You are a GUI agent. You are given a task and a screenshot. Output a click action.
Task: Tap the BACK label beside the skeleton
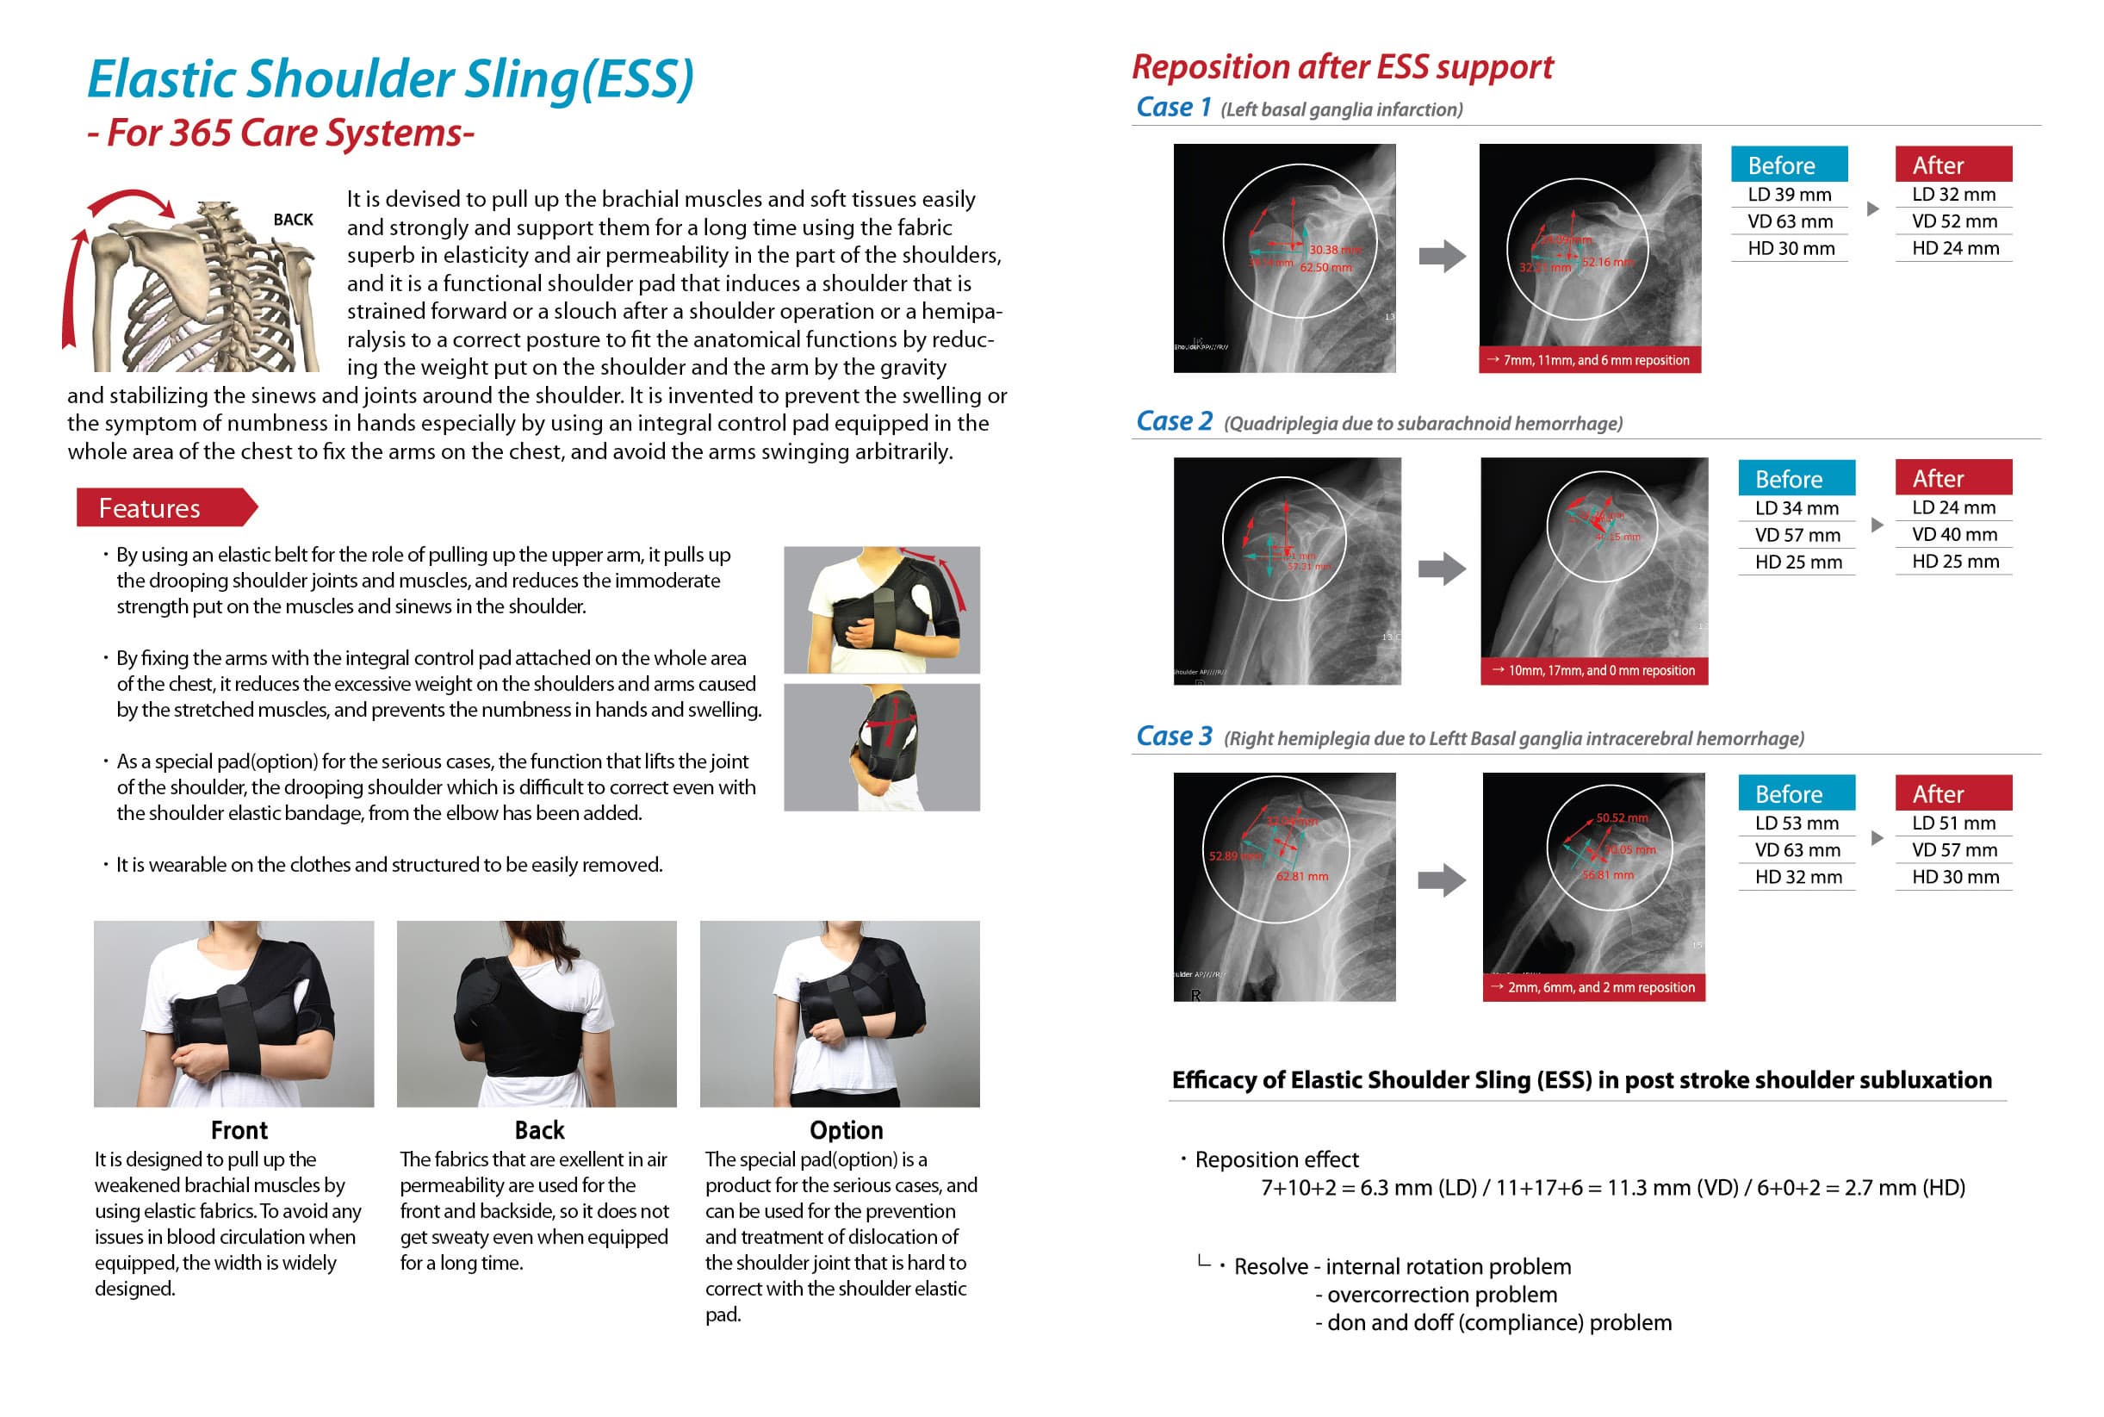pos(293,220)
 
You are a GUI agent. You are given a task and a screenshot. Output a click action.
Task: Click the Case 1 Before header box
pos(1788,165)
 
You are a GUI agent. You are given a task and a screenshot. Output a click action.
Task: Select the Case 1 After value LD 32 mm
pos(1952,195)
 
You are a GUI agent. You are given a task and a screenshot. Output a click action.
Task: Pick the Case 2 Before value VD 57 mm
pos(1797,535)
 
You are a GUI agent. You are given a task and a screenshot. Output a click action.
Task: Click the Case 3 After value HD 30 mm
pos(1955,877)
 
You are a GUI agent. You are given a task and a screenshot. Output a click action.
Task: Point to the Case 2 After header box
pos(1952,478)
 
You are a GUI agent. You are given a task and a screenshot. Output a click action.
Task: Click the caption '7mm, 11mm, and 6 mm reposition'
pos(1589,360)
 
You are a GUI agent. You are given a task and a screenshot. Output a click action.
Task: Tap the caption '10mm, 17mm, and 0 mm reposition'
pos(1593,670)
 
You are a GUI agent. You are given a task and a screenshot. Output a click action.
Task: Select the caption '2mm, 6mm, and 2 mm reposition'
pos(1593,987)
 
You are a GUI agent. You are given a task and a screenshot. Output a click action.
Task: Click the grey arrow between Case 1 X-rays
pos(1442,256)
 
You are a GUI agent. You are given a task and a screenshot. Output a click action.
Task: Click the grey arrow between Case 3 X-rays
pos(1442,879)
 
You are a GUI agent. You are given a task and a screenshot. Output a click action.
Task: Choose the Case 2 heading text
pos(1174,421)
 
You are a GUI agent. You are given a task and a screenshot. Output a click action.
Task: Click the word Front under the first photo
pos(239,1129)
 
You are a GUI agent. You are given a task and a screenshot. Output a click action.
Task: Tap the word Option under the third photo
pos(846,1129)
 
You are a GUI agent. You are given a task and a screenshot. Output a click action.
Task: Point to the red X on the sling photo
pos(892,723)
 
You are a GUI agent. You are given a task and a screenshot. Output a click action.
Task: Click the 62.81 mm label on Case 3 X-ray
pos(1302,876)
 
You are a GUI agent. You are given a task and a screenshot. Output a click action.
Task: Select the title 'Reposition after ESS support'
pos(1342,67)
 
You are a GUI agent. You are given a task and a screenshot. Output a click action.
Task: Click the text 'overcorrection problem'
pos(1441,1294)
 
